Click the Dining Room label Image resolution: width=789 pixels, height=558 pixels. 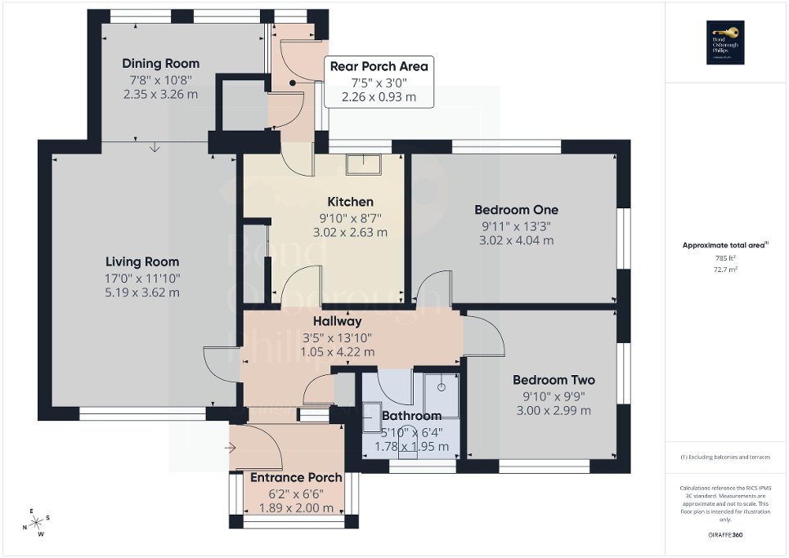[x=160, y=64]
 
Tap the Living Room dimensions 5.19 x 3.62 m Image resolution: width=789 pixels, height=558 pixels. [x=141, y=292]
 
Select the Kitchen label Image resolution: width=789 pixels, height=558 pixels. [x=350, y=202]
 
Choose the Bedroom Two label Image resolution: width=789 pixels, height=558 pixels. [x=554, y=380]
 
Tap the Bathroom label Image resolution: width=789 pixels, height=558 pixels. [x=410, y=416]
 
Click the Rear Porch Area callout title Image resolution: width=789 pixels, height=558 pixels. [x=378, y=66]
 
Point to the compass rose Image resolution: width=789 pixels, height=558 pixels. [x=35, y=523]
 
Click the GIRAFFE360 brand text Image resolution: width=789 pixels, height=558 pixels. [x=725, y=535]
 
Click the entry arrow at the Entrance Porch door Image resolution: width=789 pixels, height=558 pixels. [x=231, y=448]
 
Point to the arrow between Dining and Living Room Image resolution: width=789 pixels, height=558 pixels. [x=155, y=147]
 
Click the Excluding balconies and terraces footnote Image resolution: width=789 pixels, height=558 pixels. [x=725, y=458]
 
